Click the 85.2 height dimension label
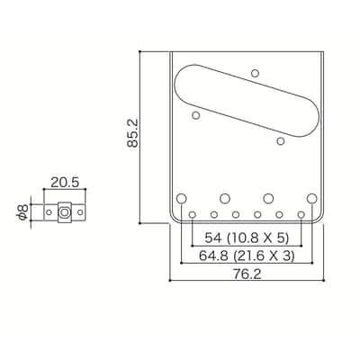132,133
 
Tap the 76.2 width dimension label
247,274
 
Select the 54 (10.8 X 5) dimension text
247,238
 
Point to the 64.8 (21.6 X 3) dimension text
247,256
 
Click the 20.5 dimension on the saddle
65,183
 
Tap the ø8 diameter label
23,211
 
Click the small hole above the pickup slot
255,73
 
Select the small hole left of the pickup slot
196,115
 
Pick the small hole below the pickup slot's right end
281,140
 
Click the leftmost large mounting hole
181,198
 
